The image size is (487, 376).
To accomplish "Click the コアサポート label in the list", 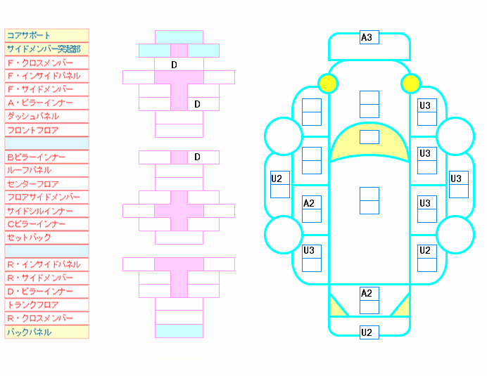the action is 29,35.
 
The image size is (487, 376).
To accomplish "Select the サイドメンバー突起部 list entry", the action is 44,49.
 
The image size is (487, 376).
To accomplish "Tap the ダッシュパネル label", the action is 33,117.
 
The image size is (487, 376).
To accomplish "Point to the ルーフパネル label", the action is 29,170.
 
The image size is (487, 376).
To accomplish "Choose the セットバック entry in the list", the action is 29,238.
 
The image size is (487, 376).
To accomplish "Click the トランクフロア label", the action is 32,305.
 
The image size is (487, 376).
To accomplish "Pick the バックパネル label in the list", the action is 29,332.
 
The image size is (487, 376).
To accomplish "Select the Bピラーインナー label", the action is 37,157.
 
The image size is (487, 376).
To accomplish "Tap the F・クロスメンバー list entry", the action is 40,63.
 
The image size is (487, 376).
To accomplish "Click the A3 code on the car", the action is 367,37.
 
